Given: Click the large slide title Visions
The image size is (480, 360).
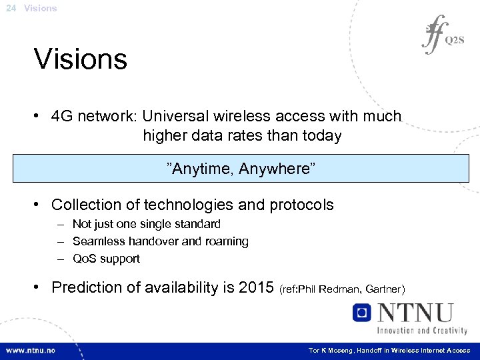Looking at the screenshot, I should click(81, 59).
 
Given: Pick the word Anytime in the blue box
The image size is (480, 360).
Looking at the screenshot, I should click(198, 167).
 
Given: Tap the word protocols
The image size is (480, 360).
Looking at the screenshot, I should click(301, 205).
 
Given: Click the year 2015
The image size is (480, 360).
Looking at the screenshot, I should click(257, 287).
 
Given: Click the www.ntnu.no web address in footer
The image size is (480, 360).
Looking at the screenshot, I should click(31, 350).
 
